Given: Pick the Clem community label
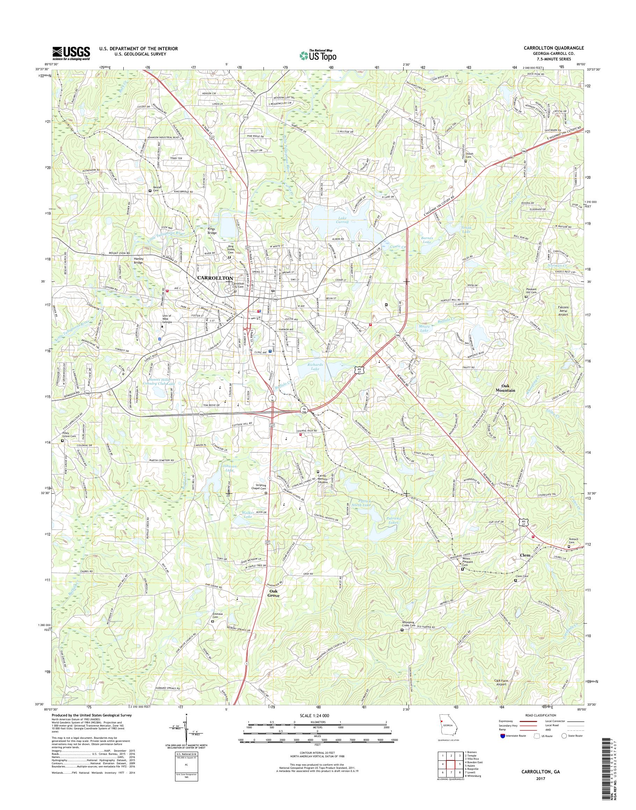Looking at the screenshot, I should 525,555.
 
